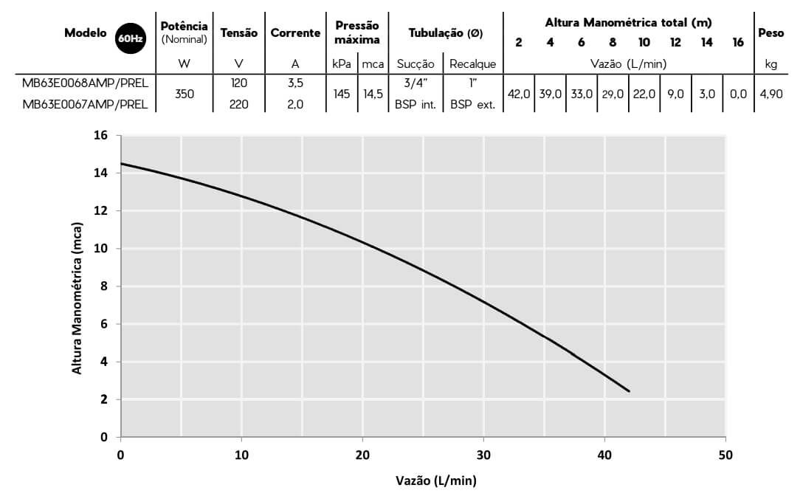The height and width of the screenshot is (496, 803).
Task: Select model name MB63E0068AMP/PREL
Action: click(x=86, y=83)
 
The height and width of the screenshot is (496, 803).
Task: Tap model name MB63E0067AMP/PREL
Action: click(x=86, y=104)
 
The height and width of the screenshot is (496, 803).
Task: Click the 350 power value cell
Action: click(x=185, y=94)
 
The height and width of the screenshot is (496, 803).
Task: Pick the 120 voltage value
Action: click(x=239, y=83)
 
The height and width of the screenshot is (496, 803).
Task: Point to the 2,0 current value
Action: click(x=295, y=104)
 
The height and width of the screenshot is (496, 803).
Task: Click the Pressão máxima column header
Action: click(x=357, y=32)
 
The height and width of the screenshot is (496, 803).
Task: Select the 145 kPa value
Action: click(x=342, y=94)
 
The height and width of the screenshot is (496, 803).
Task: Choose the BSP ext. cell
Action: click(x=472, y=104)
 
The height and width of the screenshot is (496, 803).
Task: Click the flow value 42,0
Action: click(x=519, y=94)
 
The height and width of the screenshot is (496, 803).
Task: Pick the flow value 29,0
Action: click(x=613, y=94)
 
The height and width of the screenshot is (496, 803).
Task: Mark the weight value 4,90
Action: click(x=771, y=94)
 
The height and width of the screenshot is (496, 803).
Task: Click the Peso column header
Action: click(x=771, y=32)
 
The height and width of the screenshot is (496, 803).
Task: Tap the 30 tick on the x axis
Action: click(x=484, y=454)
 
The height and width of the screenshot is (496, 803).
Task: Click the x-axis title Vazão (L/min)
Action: click(x=436, y=480)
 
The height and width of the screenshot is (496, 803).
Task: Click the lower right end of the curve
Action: click(x=629, y=391)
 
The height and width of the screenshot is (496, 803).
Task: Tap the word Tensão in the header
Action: click(x=239, y=32)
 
